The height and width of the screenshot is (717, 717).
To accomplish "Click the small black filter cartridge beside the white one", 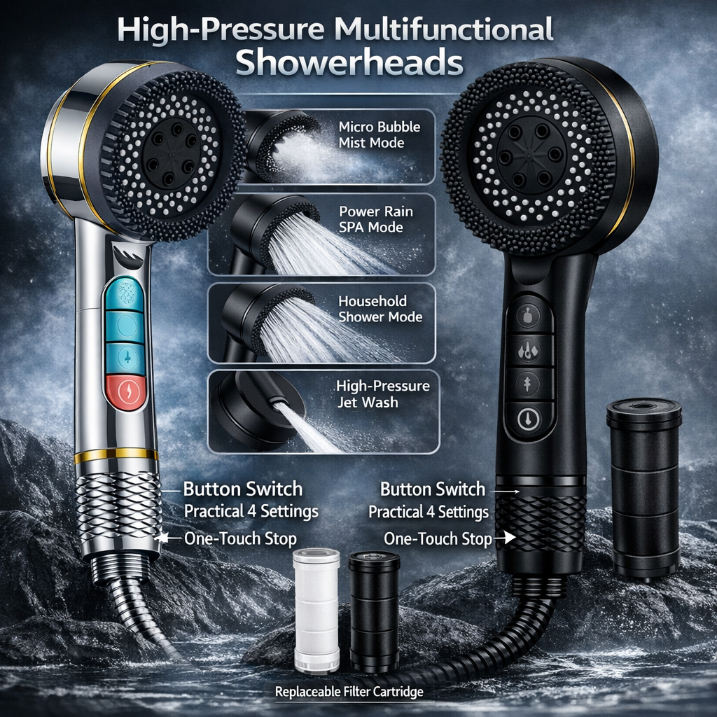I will click(374, 611).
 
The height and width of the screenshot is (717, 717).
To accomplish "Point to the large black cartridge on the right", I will click(643, 487).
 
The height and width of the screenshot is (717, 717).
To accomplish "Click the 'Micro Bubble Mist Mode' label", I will click(380, 134).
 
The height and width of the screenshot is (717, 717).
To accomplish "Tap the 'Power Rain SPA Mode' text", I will click(375, 219).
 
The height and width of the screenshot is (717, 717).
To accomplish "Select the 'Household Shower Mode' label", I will click(380, 309).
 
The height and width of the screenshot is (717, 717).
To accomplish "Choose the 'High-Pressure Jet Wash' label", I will click(382, 394).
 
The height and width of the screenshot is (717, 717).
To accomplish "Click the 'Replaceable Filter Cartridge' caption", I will click(349, 692).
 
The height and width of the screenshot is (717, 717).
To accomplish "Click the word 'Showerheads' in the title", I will click(349, 62).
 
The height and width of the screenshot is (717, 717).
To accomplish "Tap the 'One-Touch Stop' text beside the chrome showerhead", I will click(240, 538).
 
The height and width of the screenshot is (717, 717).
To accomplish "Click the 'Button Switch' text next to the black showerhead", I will click(432, 489).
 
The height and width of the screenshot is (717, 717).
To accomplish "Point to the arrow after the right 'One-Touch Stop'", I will click(504, 538).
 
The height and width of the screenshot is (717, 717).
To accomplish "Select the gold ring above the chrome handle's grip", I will click(116, 456).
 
